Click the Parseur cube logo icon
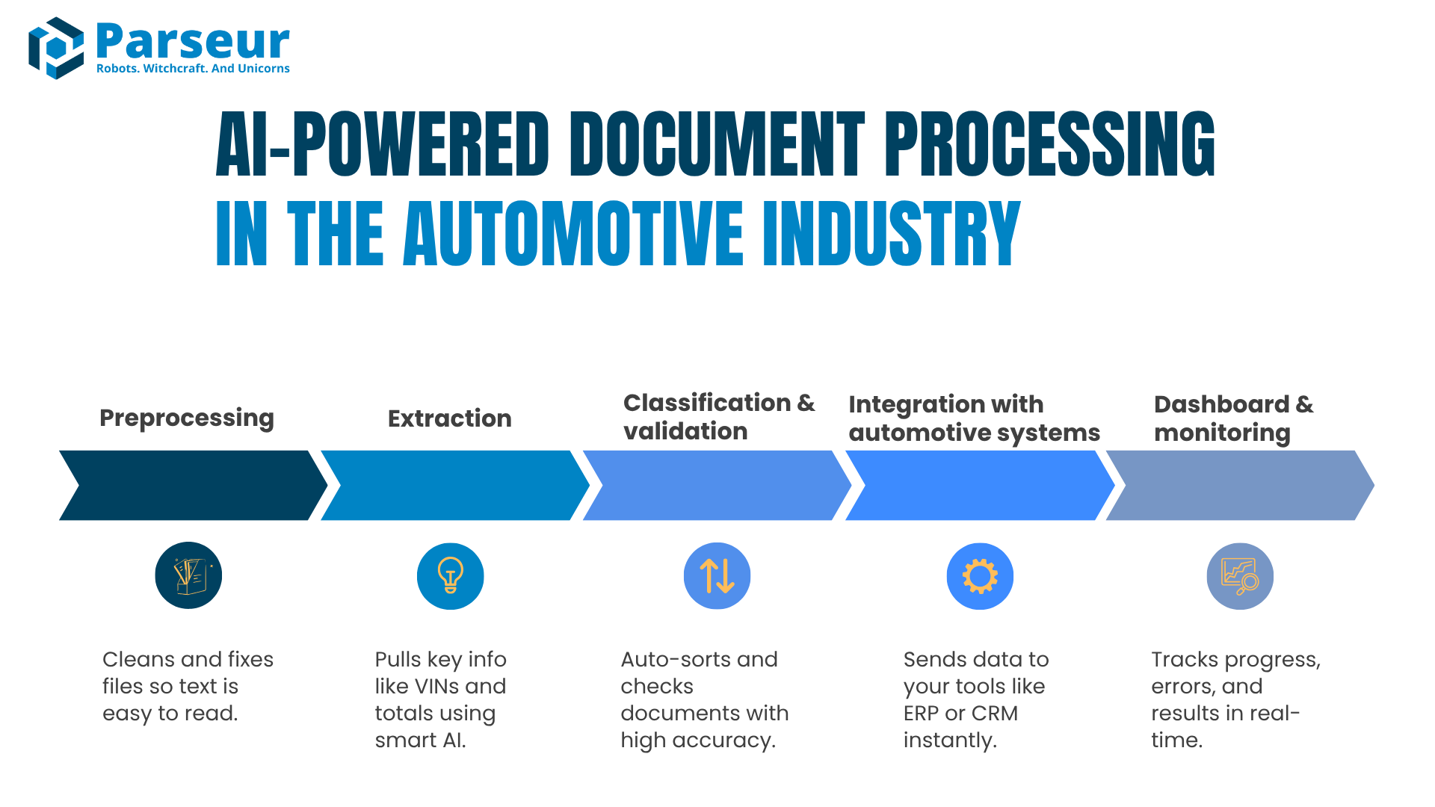(x=56, y=48)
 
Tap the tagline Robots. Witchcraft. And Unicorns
(x=193, y=69)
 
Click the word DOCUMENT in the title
(x=717, y=145)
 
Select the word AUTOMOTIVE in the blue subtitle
(x=573, y=234)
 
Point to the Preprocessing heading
(x=187, y=418)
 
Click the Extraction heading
(x=450, y=418)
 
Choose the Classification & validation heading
(x=718, y=417)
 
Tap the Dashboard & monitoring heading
(x=1233, y=418)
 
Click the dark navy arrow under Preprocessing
(x=193, y=485)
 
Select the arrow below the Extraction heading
(x=454, y=485)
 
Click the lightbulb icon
(x=451, y=575)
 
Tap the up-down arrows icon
(x=717, y=576)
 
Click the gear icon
(x=980, y=576)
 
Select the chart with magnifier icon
(x=1240, y=576)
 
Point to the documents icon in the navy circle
(x=188, y=575)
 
